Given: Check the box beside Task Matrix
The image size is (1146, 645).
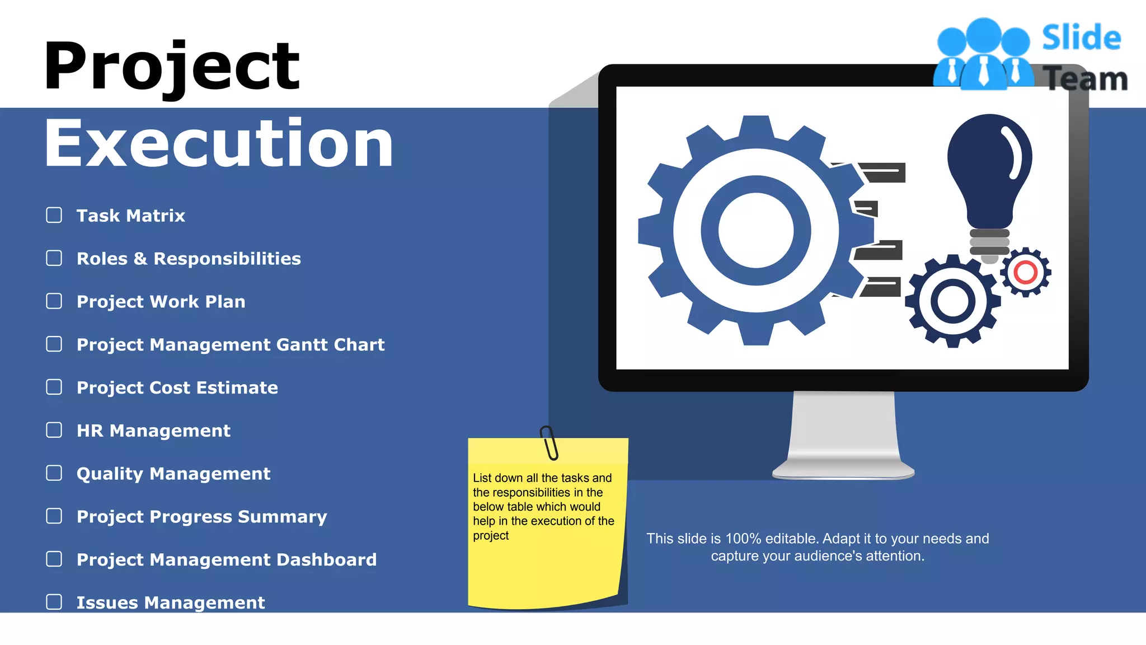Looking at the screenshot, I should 54,215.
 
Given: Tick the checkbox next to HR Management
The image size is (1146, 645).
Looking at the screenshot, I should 54,430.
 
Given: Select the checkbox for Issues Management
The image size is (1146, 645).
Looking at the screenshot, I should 54,602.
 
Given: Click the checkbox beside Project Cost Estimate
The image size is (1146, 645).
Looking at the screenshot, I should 54,387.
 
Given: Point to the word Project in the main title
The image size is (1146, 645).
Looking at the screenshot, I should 172,67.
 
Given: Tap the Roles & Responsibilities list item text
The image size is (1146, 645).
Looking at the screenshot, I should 189,259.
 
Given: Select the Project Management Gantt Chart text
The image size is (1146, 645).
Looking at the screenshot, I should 231,345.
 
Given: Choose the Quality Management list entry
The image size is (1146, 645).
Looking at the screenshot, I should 173,474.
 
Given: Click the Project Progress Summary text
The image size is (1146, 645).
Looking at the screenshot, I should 201,517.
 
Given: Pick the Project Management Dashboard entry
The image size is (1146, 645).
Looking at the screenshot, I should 227,560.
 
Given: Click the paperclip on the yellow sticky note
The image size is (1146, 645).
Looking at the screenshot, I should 549,442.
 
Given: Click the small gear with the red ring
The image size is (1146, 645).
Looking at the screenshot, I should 1025,273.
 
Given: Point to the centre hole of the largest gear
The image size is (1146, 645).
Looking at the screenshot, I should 756,230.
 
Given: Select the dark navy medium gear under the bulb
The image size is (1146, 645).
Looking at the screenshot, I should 952,301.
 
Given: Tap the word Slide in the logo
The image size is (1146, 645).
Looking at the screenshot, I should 1081,38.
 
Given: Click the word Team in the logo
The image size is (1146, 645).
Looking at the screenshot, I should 1086,79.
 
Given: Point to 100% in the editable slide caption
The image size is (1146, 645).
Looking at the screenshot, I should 743,539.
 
